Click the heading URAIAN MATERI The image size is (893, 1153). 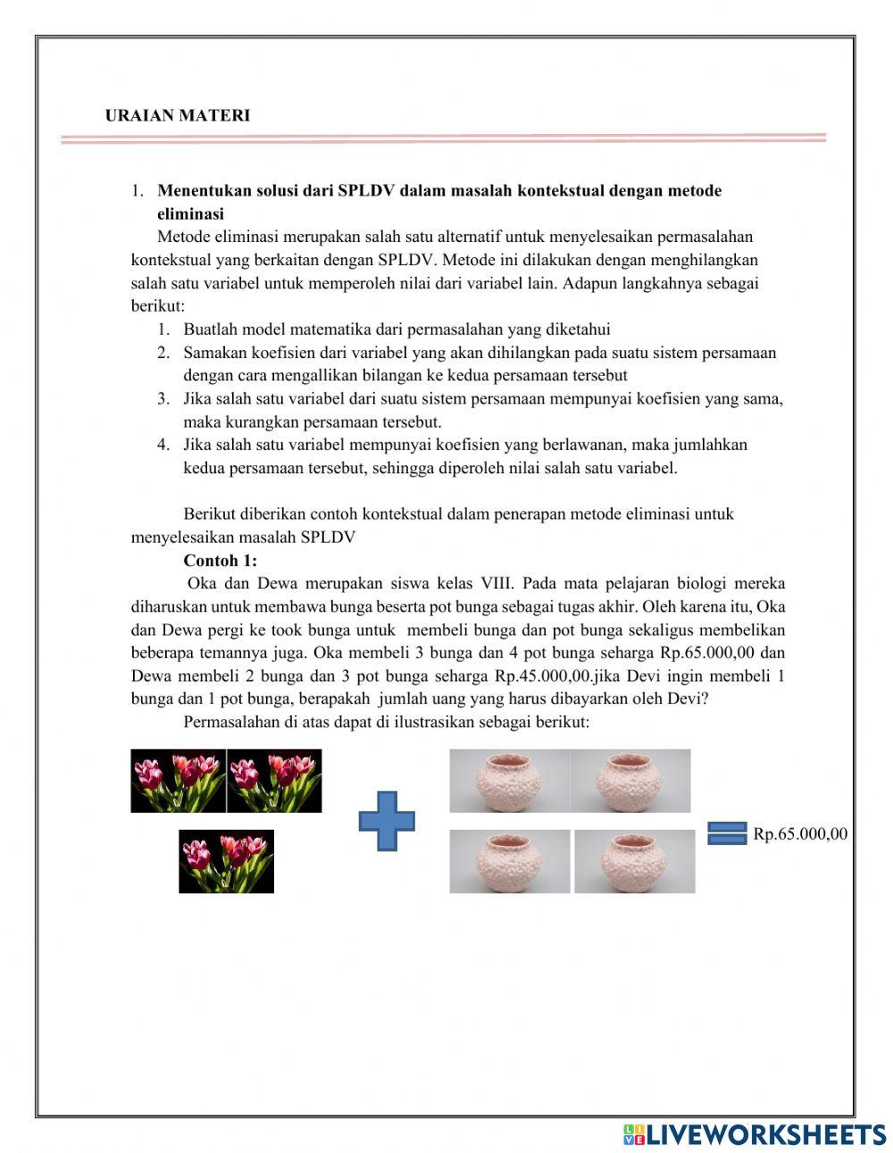178,115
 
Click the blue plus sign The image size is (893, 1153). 387,821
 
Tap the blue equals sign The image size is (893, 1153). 727,832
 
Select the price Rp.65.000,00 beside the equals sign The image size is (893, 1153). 800,834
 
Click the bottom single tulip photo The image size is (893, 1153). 226,861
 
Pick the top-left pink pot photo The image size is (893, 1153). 509,781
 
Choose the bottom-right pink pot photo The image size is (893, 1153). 634,861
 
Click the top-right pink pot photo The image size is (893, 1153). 630,781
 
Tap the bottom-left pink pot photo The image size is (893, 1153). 509,861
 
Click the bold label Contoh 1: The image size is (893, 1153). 220,561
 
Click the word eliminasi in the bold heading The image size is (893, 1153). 190,214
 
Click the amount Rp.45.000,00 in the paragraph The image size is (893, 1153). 543,676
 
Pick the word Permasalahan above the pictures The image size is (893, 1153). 229,722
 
